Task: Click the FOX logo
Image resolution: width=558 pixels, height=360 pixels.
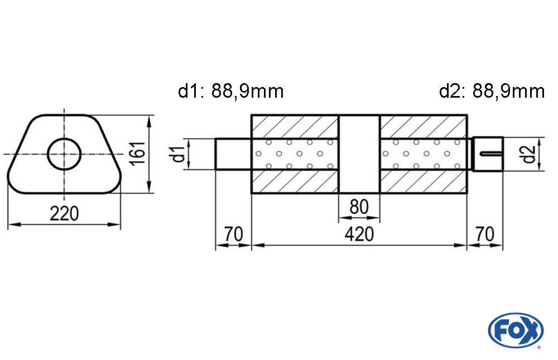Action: (516, 330)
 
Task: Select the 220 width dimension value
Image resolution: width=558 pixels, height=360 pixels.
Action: (64, 214)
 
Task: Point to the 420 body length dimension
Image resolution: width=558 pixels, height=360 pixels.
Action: (359, 234)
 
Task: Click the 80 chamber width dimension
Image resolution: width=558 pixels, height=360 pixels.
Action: (359, 207)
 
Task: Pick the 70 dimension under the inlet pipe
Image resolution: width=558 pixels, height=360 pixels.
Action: (233, 234)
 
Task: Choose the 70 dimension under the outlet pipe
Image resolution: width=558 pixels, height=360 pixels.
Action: (485, 234)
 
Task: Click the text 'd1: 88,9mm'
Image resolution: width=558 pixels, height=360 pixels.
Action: (230, 91)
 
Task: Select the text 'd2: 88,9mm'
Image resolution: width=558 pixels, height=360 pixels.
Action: (492, 91)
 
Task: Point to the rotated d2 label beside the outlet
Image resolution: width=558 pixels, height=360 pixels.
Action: (529, 154)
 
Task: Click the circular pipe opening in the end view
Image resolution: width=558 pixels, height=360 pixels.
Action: (64, 154)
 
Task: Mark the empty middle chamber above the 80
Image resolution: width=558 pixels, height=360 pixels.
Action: (359, 154)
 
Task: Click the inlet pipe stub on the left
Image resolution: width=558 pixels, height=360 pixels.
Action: (233, 154)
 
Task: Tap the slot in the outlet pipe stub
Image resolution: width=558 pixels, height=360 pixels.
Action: (491, 154)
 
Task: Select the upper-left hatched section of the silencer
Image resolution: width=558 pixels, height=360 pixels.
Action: (295, 127)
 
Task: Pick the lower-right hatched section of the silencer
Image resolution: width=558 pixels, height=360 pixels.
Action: (423, 181)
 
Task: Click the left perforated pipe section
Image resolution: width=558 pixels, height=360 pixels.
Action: (295, 154)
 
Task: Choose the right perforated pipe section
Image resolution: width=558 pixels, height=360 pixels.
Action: (423, 154)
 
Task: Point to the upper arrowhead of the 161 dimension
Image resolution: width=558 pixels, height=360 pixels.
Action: (149, 121)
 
